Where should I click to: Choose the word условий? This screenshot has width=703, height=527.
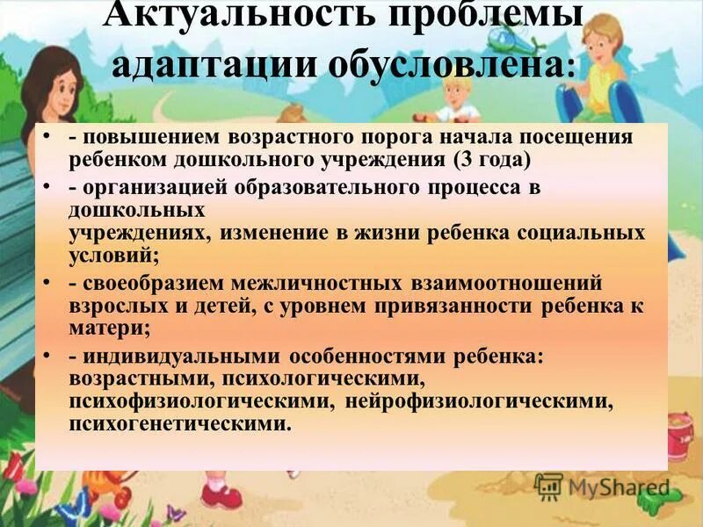pos(112,256)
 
